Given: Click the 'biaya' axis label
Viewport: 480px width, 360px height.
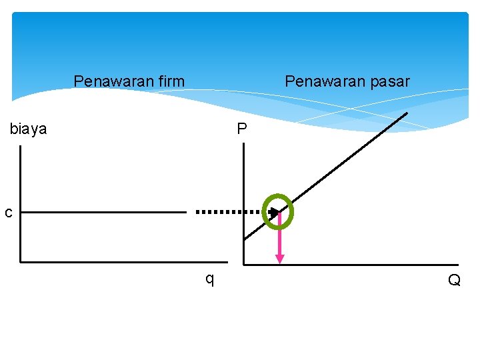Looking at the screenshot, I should click(29, 129).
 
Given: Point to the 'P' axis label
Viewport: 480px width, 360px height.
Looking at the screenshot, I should click(241, 129).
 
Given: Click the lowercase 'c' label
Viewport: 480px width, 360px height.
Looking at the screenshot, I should click(8, 213).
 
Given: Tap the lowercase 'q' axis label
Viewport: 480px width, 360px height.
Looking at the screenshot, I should click(209, 279).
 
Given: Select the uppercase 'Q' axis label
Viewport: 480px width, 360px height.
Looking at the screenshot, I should click(454, 281).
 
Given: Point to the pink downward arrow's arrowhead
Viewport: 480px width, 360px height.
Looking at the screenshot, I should click(279, 259).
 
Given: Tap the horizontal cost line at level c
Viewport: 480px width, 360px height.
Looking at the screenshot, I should click(100, 213).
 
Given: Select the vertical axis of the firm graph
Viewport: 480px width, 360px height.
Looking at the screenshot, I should click(21, 200).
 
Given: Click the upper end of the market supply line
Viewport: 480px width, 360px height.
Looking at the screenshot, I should click(405, 114).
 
